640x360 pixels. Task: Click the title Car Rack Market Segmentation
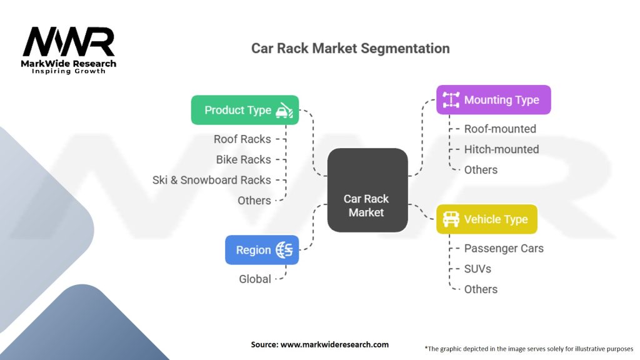[350, 48]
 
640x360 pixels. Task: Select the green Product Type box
[244, 110]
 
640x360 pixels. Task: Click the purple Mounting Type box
[493, 100]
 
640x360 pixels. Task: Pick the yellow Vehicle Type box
[486, 219]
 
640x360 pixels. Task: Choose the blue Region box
[262, 250]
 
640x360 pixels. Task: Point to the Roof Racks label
[242, 139]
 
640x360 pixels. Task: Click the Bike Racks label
[244, 159]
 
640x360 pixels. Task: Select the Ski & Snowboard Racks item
[212, 180]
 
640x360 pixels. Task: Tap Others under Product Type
[254, 201]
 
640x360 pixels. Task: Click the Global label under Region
[255, 279]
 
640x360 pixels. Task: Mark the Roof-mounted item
[500, 129]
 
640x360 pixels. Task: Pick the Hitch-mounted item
[501, 149]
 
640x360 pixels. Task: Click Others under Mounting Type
[481, 169]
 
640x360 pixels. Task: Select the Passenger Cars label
[504, 248]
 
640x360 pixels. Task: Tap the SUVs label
[477, 269]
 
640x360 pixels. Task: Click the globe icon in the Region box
[285, 250]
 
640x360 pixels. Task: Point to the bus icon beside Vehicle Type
[451, 219]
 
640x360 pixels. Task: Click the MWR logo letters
[69, 42]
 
